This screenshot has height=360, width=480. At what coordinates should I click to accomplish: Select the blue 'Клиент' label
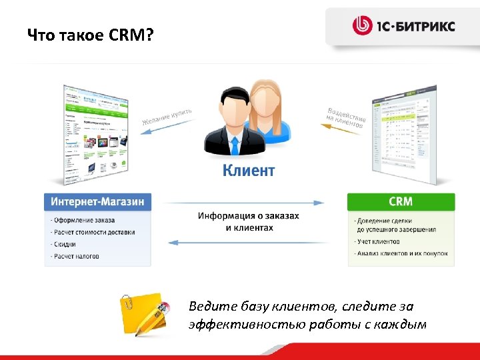tap(248, 171)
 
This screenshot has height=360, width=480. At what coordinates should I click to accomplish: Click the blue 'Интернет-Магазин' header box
tap(98, 201)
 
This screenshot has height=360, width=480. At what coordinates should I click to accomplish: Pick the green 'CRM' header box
tap(401, 201)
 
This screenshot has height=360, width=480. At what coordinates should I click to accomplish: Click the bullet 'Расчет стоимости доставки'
tap(94, 232)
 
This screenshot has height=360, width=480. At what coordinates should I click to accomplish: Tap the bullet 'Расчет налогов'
tap(76, 256)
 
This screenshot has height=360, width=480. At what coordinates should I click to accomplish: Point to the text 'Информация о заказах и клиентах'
tap(249, 221)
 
